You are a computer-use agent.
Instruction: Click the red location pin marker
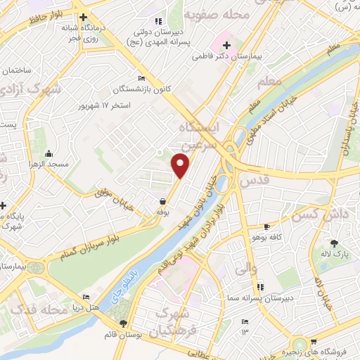(x=181, y=165)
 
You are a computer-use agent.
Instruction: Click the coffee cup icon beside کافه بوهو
(x=266, y=226)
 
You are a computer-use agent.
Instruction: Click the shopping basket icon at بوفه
(x=163, y=200)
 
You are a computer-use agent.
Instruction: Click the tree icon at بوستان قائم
(x=124, y=323)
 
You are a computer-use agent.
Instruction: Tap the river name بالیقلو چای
(x=116, y=288)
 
